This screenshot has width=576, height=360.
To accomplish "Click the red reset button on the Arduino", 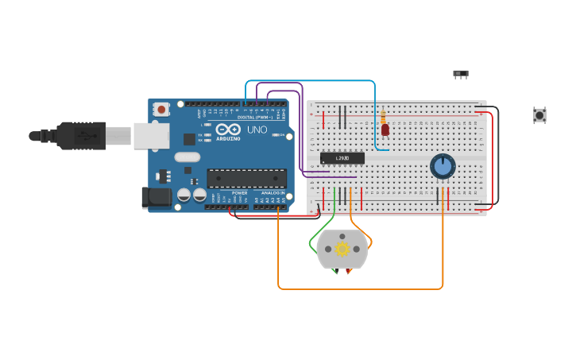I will (161, 110).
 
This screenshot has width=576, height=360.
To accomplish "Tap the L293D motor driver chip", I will (342, 158).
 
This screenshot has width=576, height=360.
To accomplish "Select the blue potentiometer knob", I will (443, 166).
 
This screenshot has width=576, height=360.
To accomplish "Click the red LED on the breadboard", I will (385, 130).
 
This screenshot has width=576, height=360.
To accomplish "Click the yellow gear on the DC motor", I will (342, 249).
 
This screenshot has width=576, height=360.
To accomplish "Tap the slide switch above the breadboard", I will (461, 74).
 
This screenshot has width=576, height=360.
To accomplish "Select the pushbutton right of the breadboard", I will (539, 115).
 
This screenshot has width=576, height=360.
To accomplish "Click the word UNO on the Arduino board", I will (257, 130).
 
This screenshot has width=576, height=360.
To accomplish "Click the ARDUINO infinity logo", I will (228, 130).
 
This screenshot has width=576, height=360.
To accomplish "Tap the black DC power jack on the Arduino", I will (156, 198).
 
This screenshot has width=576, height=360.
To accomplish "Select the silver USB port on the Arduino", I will (151, 136).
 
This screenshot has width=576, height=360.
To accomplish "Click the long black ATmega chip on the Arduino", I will (246, 178).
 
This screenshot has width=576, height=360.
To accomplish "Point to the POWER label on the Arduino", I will (239, 193).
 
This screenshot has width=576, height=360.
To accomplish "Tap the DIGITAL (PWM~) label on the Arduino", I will (255, 118).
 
